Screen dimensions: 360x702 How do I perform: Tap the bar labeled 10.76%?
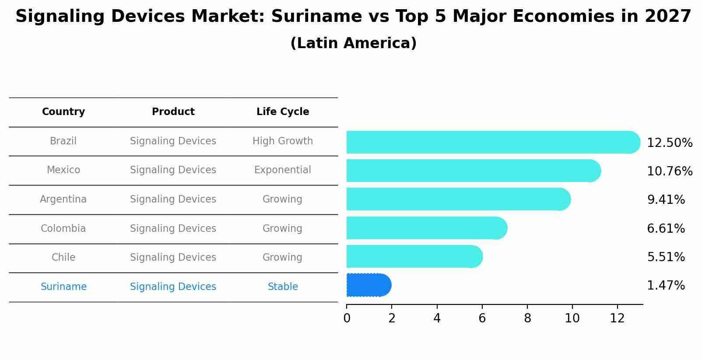(473, 171)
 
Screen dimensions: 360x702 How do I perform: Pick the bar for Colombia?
(426, 228)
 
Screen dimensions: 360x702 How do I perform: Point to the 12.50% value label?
(669, 143)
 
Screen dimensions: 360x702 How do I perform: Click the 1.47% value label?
(666, 286)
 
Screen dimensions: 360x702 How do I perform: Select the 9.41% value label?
(666, 200)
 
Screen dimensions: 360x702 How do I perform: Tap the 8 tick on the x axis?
(527, 318)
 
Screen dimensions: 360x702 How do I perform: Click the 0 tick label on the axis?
(347, 318)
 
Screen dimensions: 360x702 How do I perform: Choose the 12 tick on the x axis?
(617, 318)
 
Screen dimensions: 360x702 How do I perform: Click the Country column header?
(63, 112)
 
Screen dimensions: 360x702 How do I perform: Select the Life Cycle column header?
(283, 112)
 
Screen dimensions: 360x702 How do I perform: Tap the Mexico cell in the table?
(63, 170)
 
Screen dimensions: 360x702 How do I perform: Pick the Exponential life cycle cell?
(283, 170)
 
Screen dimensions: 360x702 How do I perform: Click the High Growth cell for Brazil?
(283, 141)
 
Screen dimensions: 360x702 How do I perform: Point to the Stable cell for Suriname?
(283, 287)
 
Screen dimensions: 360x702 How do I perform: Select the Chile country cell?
(63, 257)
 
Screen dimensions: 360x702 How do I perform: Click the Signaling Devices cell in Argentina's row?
(173, 199)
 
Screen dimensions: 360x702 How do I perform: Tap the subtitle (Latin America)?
(353, 43)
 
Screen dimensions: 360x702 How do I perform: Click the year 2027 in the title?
(668, 17)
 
